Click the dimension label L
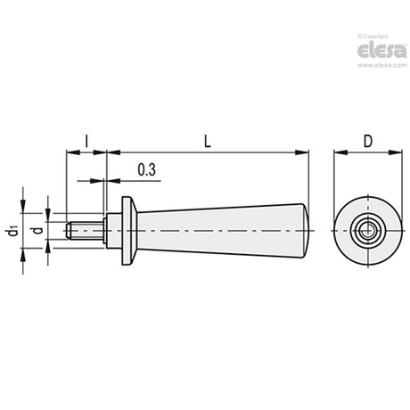208,141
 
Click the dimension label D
368,141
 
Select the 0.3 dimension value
147,169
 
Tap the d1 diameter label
12,231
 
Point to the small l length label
86,141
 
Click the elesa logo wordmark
381,51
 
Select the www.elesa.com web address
381,65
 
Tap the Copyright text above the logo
373,37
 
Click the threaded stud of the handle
85,231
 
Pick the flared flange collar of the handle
129,231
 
